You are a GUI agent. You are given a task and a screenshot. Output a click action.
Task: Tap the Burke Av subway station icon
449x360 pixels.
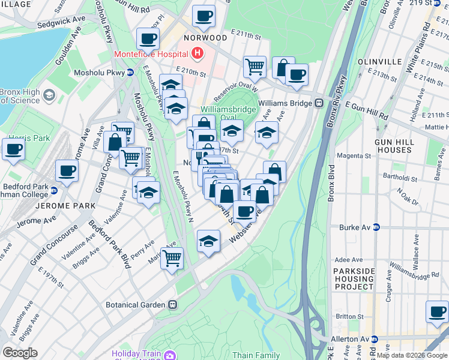pos(376,227)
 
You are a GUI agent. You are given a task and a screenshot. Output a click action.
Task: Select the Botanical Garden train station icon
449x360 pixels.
pos(172,305)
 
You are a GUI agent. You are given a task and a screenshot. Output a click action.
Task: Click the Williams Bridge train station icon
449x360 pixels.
pos(318,103)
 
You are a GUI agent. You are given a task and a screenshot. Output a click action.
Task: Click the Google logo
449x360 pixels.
pos(20,353)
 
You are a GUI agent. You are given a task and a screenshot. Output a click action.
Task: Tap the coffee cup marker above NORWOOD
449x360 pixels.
pos(203,16)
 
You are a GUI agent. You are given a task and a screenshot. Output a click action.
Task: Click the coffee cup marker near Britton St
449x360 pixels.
pos(437,311)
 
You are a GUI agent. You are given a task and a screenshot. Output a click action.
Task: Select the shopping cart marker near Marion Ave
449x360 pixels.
pos(172,258)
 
